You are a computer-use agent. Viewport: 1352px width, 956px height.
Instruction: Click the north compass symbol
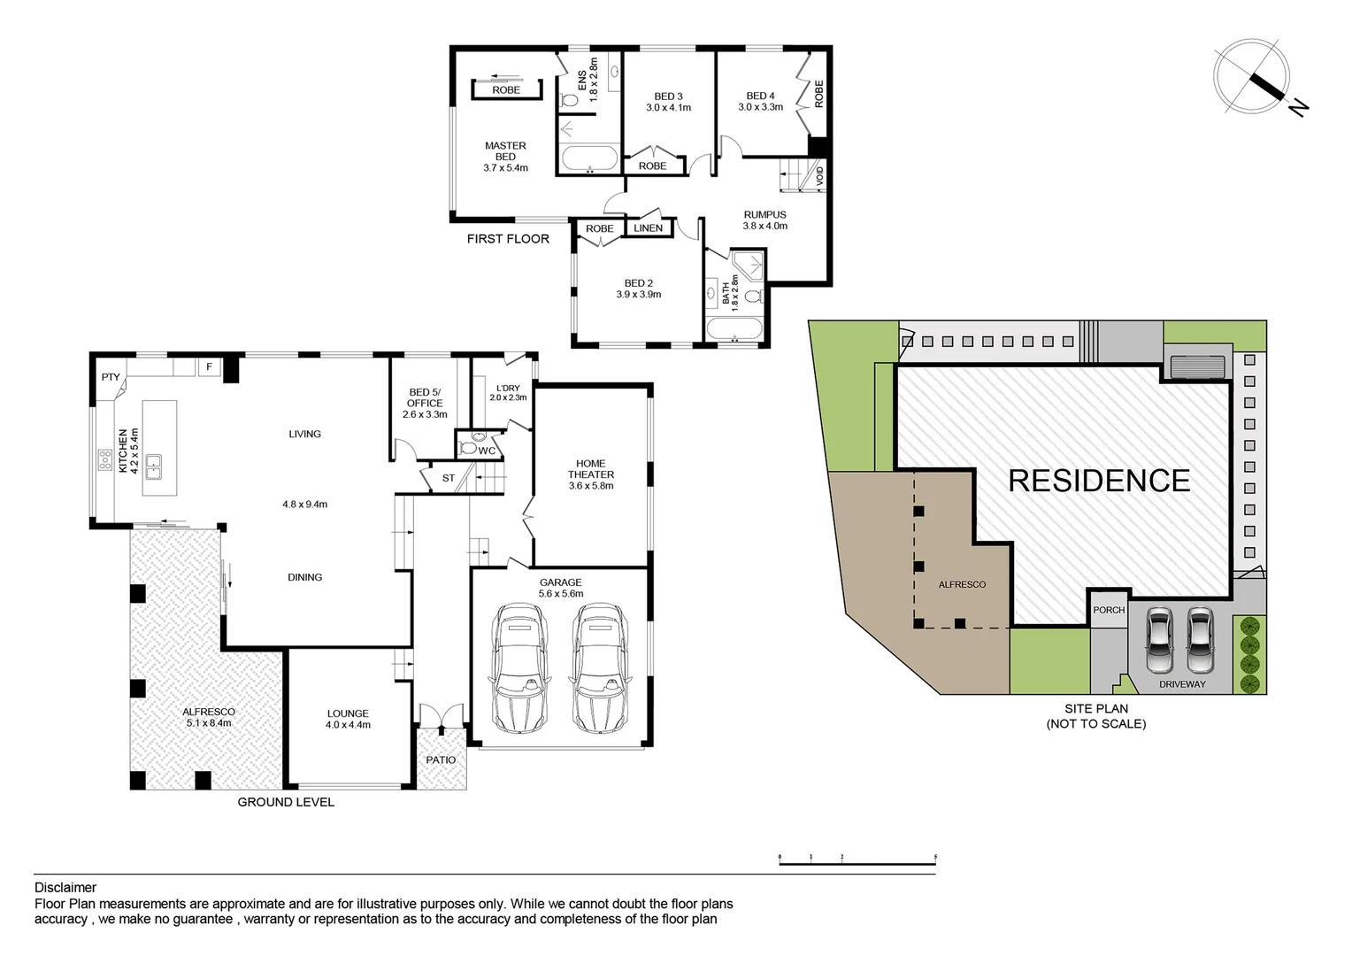pyautogui.click(x=1252, y=77)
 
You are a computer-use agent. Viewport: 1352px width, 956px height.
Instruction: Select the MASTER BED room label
pyautogui.click(x=505, y=151)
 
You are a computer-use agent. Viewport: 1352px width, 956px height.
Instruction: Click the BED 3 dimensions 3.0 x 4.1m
pyautogui.click(x=668, y=108)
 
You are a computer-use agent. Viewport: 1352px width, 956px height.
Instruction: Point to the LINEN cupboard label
pyautogui.click(x=649, y=228)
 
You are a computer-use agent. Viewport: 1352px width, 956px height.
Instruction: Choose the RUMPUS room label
pyautogui.click(x=764, y=215)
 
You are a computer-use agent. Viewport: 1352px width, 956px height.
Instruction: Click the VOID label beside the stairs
pyautogui.click(x=819, y=176)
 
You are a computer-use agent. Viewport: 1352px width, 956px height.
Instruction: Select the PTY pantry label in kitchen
pyautogui.click(x=111, y=377)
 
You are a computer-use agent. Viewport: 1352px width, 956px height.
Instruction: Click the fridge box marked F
pyautogui.click(x=210, y=366)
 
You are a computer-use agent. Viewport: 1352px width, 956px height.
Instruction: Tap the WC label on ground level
pyautogui.click(x=487, y=451)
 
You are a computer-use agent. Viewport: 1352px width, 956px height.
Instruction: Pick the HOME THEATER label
pyautogui.click(x=591, y=469)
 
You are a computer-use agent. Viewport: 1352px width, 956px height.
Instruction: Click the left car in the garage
pyautogui.click(x=519, y=667)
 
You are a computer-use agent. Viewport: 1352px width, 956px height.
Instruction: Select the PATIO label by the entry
pyautogui.click(x=441, y=759)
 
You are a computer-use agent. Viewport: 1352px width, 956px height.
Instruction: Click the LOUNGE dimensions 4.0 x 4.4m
pyautogui.click(x=348, y=725)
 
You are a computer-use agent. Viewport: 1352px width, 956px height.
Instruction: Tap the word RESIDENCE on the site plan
pyautogui.click(x=1099, y=481)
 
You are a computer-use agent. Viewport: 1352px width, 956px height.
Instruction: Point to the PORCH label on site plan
pyautogui.click(x=1109, y=610)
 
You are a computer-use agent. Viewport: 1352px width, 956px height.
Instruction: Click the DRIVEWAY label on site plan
pyautogui.click(x=1182, y=684)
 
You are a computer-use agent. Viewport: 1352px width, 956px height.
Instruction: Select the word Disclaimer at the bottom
pyautogui.click(x=65, y=888)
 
